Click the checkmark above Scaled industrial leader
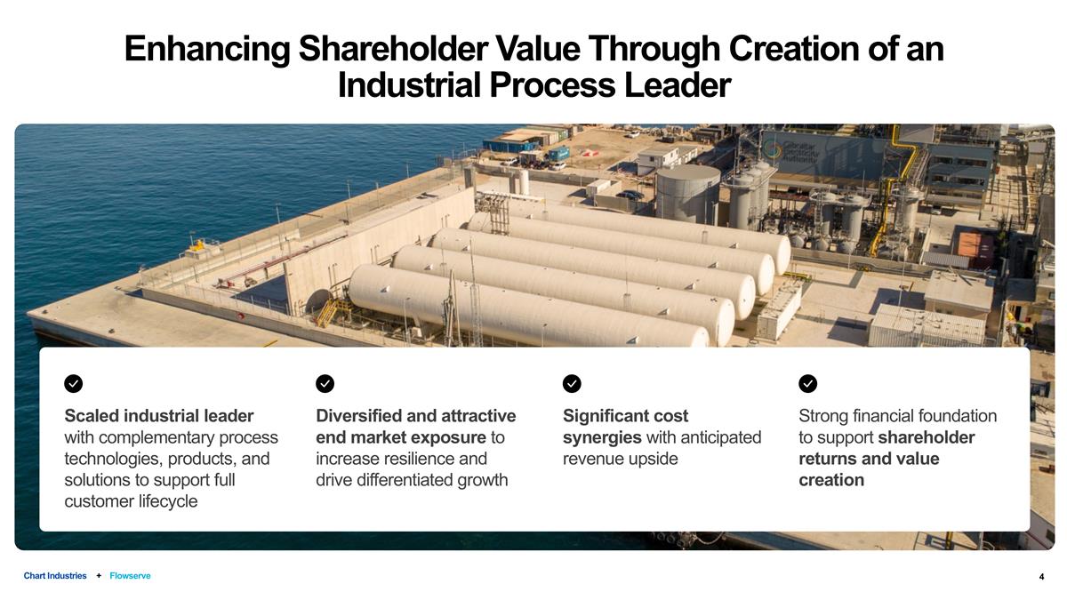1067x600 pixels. pyautogui.click(x=74, y=383)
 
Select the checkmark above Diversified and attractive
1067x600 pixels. pyautogui.click(x=325, y=383)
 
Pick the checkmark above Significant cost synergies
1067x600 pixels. pyautogui.click(x=573, y=383)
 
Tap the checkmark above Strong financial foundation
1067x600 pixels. pyautogui.click(x=808, y=383)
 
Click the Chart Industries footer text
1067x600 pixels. pyautogui.click(x=55, y=576)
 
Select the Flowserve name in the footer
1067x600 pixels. pyautogui.click(x=130, y=576)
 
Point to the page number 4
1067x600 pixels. pyautogui.click(x=1041, y=577)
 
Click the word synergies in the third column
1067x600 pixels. pyautogui.click(x=602, y=437)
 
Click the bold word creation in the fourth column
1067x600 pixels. pyautogui.click(x=831, y=480)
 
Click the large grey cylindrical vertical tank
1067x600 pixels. pyautogui.click(x=687, y=194)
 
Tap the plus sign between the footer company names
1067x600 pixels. pyautogui.click(x=98, y=576)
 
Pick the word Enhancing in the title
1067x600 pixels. pyautogui.click(x=206, y=49)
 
